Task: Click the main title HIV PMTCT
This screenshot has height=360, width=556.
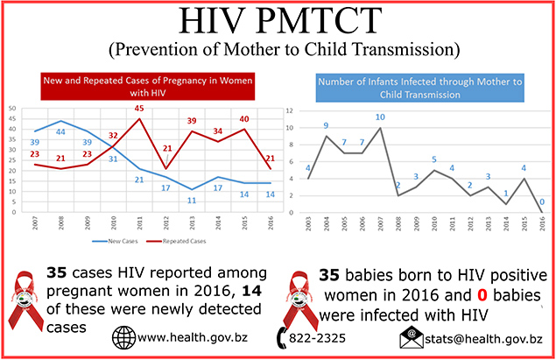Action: [x=277, y=22]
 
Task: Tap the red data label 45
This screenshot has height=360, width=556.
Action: [x=138, y=109]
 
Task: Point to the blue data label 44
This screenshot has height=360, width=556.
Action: [x=61, y=132]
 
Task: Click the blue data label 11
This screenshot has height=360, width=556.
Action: [x=189, y=201]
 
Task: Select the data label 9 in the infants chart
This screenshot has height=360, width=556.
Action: [x=326, y=125]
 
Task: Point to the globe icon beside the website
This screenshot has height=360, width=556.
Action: [x=124, y=336]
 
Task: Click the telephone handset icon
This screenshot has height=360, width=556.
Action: [x=283, y=336]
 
